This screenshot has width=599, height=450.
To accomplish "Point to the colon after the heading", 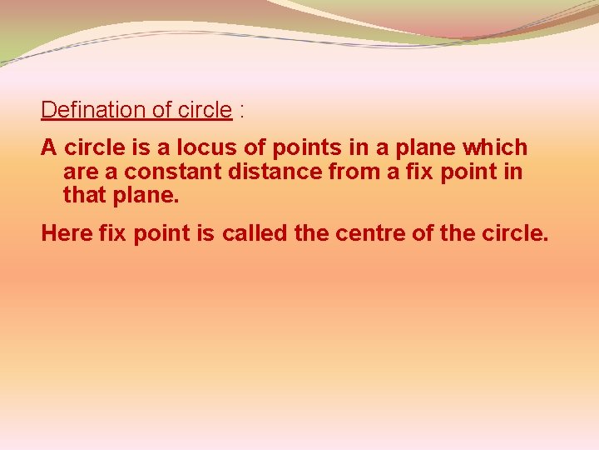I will [241, 111].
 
